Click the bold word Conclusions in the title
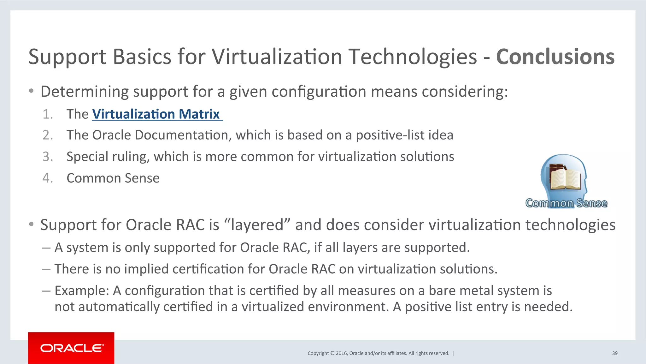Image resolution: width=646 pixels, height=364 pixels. pos(555,57)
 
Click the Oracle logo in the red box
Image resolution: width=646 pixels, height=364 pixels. pos(72,348)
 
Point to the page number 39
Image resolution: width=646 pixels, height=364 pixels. pos(615,353)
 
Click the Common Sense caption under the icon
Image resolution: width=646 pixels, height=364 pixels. pos(566,203)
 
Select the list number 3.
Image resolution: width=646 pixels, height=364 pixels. pos(48,157)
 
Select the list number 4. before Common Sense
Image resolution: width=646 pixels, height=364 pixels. pos(48,178)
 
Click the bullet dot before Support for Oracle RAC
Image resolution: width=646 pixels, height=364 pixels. pos(31,224)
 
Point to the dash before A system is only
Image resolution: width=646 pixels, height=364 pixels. pos(46,248)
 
